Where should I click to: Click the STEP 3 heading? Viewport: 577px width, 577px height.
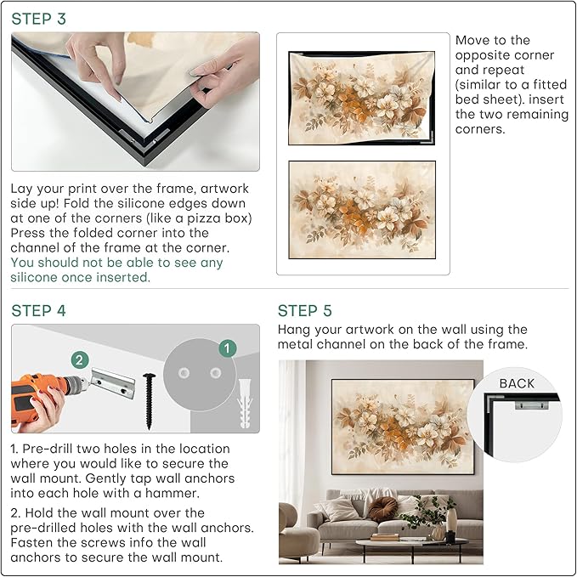[38, 18]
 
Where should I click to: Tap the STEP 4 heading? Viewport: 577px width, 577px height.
[38, 311]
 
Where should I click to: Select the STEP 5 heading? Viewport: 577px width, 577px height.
[306, 311]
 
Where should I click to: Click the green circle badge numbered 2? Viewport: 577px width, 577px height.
[79, 359]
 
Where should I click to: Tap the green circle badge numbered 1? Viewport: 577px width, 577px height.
[227, 348]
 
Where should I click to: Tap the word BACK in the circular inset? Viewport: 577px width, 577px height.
[517, 383]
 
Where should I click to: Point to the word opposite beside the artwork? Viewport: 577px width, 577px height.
[488, 55]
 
